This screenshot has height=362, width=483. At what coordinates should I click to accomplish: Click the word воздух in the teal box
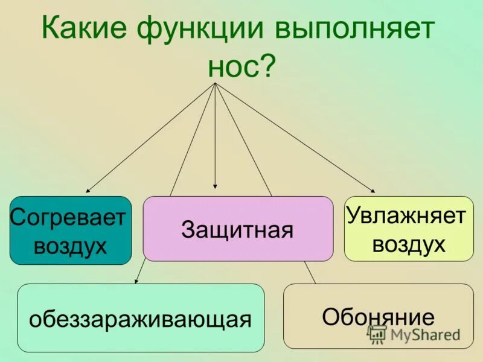[x=70, y=246]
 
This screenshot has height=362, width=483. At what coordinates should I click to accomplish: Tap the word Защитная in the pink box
[x=237, y=230]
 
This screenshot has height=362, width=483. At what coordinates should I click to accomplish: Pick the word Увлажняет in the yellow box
[x=408, y=216]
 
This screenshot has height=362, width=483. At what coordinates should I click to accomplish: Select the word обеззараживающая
[x=141, y=319]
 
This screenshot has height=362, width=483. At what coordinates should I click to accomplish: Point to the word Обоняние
[x=378, y=317]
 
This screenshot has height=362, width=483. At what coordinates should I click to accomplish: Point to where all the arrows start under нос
[x=216, y=83]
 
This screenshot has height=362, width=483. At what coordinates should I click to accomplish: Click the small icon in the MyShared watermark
[x=377, y=335]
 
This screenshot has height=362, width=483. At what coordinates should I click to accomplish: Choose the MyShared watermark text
[x=424, y=335]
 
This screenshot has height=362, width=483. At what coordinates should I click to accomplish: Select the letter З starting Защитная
[x=187, y=230]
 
